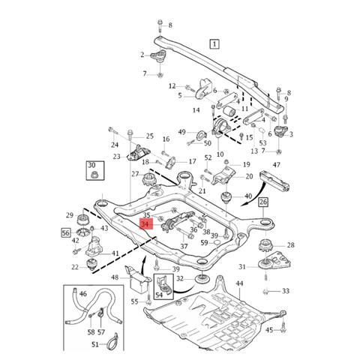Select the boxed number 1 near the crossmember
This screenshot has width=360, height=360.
tap(214, 44)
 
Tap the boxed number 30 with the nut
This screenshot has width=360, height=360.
tap(95, 170)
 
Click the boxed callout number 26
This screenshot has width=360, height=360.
tap(263, 202)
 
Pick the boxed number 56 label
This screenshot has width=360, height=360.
tap(66, 233)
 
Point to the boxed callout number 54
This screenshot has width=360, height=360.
tap(163, 286)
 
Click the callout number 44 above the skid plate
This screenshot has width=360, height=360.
tap(239, 283)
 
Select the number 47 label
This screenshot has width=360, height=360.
tap(277, 165)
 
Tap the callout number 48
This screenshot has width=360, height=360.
tap(115, 277)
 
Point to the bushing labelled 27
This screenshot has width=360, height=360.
tap(149, 179)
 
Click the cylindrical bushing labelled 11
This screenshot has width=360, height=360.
tap(229, 110)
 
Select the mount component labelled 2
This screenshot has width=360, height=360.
tap(158, 56)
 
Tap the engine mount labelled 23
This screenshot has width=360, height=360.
tap(139, 152)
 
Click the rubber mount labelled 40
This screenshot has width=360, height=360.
tap(226, 197)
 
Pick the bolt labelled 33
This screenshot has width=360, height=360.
tap(265, 291)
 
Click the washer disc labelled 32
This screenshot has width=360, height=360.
tap(201, 279)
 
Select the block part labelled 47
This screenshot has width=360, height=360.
tap(274, 181)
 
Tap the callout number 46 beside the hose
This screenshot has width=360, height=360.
tap(83, 293)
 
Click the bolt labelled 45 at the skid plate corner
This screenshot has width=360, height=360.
tap(283, 328)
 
